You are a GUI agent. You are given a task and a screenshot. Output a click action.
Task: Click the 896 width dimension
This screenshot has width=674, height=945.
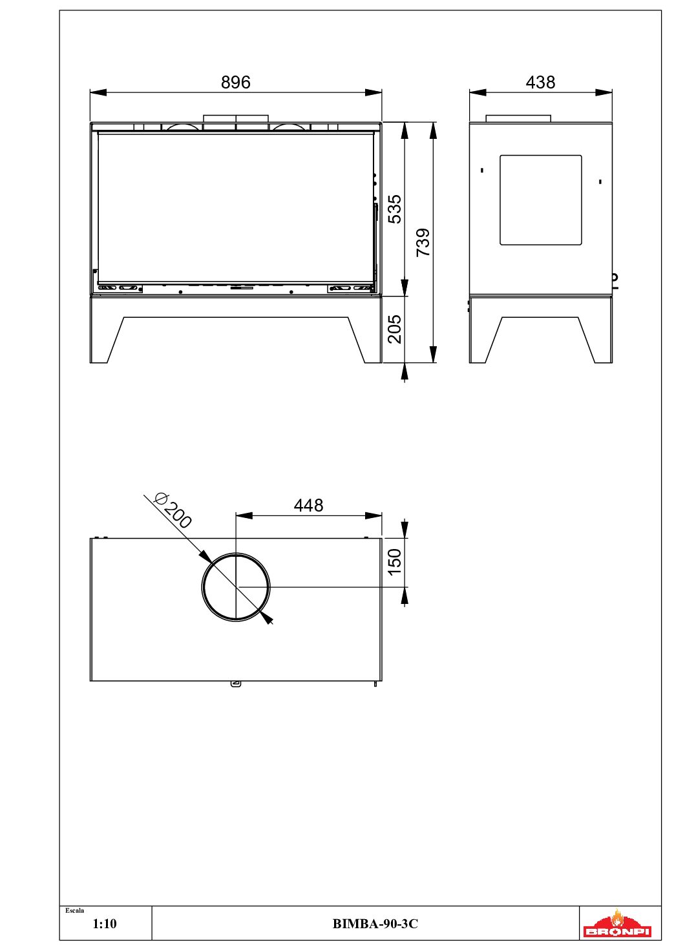coord(235,82)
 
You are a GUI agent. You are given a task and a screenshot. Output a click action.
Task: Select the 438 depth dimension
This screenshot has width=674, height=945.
coord(540,82)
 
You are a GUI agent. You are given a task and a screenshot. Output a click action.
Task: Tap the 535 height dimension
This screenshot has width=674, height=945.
coord(395,209)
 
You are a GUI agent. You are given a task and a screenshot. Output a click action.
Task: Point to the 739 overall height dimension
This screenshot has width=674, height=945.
coord(423,242)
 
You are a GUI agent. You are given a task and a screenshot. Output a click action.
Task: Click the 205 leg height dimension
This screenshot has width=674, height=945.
coord(395,329)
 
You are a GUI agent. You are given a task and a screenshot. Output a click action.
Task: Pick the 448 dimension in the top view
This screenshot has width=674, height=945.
coord(308,505)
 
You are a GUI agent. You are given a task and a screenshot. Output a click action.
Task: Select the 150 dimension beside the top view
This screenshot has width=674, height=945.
coord(395,563)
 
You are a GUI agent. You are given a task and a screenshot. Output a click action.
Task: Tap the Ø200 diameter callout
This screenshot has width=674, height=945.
coord(173,511)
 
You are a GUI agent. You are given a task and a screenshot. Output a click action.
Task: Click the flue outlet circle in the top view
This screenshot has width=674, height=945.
coord(202,587)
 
